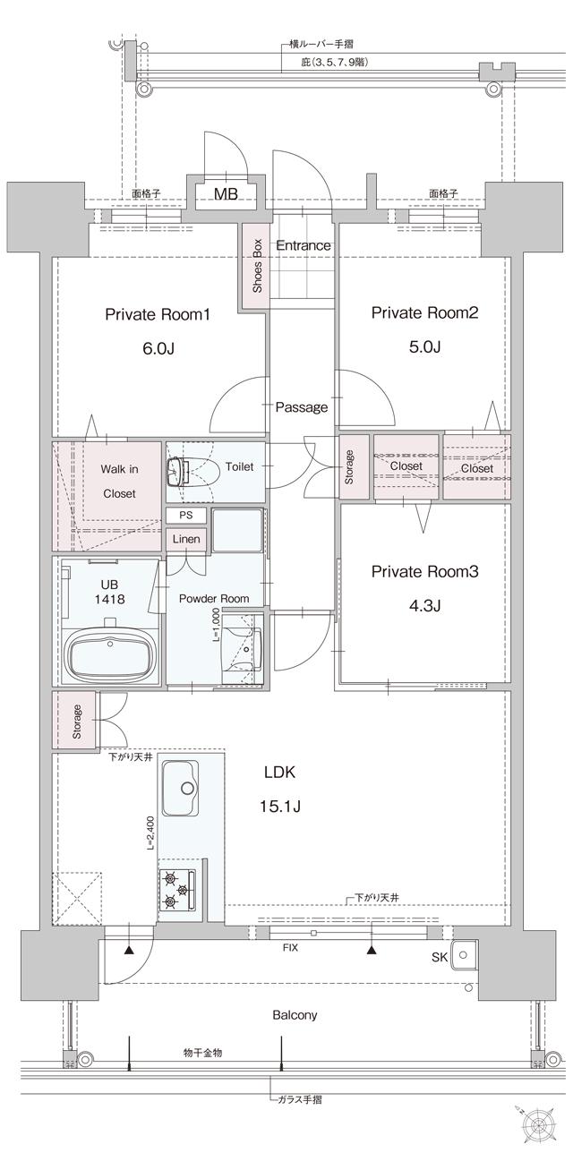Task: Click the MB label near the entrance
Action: [x=225, y=193]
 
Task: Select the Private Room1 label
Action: [x=158, y=314]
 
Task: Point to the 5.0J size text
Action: [x=424, y=346]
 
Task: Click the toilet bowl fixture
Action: [x=178, y=471]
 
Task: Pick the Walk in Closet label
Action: [x=118, y=481]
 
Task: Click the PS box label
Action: [x=186, y=517]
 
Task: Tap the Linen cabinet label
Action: [x=186, y=539]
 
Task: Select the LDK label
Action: [x=279, y=772]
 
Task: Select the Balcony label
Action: [x=295, y=1015]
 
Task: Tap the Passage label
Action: [x=301, y=407]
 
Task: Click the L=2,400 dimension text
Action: [x=152, y=833]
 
